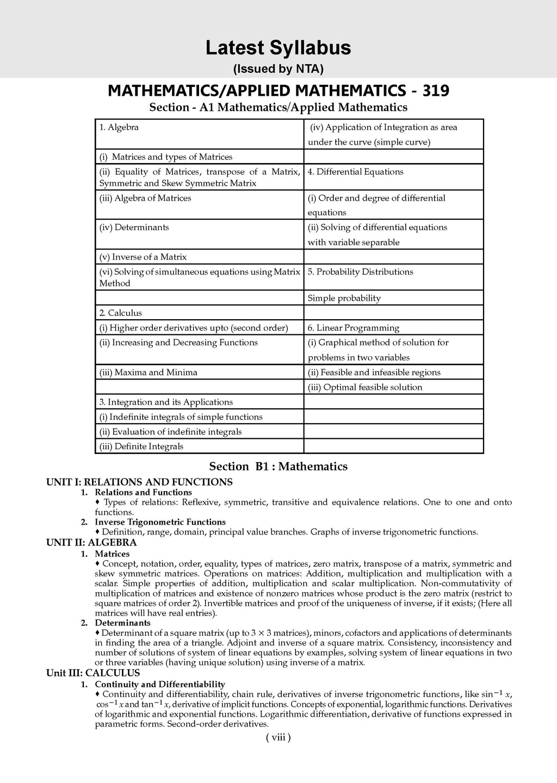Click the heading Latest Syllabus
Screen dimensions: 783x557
point(278,48)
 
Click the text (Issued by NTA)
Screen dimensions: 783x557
point(278,69)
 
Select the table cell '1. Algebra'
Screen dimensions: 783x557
point(119,127)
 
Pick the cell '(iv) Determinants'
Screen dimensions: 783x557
point(134,227)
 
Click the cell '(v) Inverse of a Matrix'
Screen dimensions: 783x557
point(143,257)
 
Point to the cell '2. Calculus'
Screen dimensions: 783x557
point(120,313)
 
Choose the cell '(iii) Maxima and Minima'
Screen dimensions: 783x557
point(148,372)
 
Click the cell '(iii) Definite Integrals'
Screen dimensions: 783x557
point(141,446)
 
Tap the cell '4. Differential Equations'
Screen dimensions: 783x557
point(355,172)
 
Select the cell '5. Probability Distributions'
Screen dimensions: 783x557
point(360,272)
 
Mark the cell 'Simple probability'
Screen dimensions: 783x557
point(344,298)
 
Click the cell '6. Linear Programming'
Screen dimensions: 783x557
point(353,328)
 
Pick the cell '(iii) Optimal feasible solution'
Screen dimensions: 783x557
point(365,387)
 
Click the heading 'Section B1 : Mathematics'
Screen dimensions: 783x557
point(278,467)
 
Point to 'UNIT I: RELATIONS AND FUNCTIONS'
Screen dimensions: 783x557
point(139,482)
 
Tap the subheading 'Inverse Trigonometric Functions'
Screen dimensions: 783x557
point(160,522)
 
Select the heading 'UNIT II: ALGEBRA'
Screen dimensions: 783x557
point(91,542)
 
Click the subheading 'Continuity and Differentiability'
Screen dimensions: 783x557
point(159,684)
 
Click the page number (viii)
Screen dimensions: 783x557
point(278,738)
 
